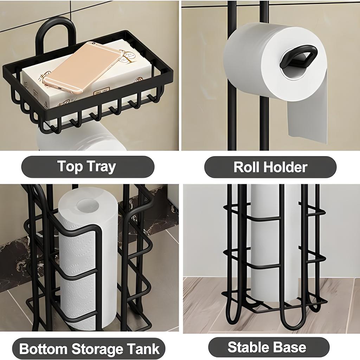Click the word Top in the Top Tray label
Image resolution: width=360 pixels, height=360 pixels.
[70, 166]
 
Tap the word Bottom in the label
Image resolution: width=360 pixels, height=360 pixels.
[43, 349]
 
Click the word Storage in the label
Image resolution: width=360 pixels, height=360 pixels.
[99, 349]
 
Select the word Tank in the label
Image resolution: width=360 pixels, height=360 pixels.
[144, 349]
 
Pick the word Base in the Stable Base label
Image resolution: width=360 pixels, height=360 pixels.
[290, 347]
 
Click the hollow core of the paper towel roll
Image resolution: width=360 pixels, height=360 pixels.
[86, 205]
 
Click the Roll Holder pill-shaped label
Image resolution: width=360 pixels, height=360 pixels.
[270, 167]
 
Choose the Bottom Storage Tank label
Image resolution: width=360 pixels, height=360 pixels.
[89, 349]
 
